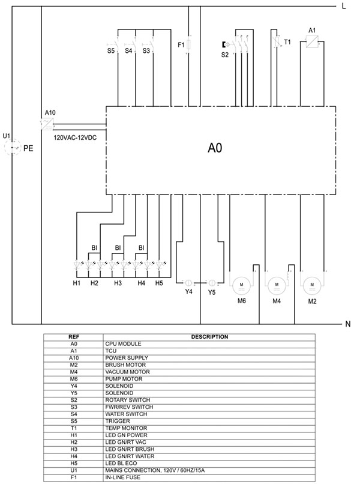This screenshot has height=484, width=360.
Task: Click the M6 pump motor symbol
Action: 241,286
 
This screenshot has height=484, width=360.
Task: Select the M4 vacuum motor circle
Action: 277,286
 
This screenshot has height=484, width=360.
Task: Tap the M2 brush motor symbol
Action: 312,286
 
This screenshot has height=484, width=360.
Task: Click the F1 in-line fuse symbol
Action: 189,45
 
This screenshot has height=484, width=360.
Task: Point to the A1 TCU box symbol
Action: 311,41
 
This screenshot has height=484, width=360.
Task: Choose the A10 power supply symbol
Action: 47,124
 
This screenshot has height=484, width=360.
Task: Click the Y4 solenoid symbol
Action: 188,283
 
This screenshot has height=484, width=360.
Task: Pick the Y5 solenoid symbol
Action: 212,283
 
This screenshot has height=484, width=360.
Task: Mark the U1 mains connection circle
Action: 12,148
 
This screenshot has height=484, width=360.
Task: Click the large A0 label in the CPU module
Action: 215,148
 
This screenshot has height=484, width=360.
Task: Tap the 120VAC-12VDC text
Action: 75,138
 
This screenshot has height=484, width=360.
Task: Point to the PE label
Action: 28,148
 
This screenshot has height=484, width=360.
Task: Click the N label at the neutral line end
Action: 347,324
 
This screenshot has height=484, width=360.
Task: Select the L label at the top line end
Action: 344,6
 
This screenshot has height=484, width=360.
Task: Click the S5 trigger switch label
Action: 111,50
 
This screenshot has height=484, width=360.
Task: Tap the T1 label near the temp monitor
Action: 287,42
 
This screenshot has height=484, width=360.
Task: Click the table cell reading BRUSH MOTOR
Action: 125,365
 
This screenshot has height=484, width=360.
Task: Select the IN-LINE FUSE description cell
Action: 122,477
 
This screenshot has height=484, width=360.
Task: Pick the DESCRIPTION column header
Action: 209,337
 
